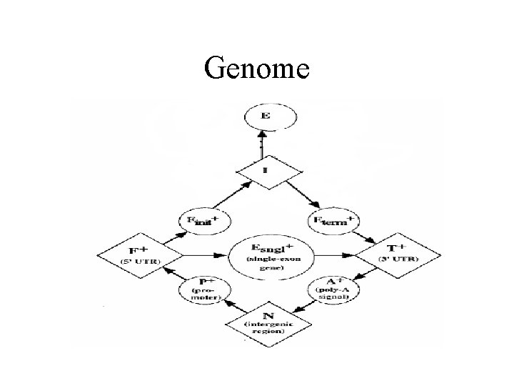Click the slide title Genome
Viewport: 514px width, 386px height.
256,69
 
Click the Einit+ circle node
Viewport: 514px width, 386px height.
204,222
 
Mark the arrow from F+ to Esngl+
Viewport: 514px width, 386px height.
205,254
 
